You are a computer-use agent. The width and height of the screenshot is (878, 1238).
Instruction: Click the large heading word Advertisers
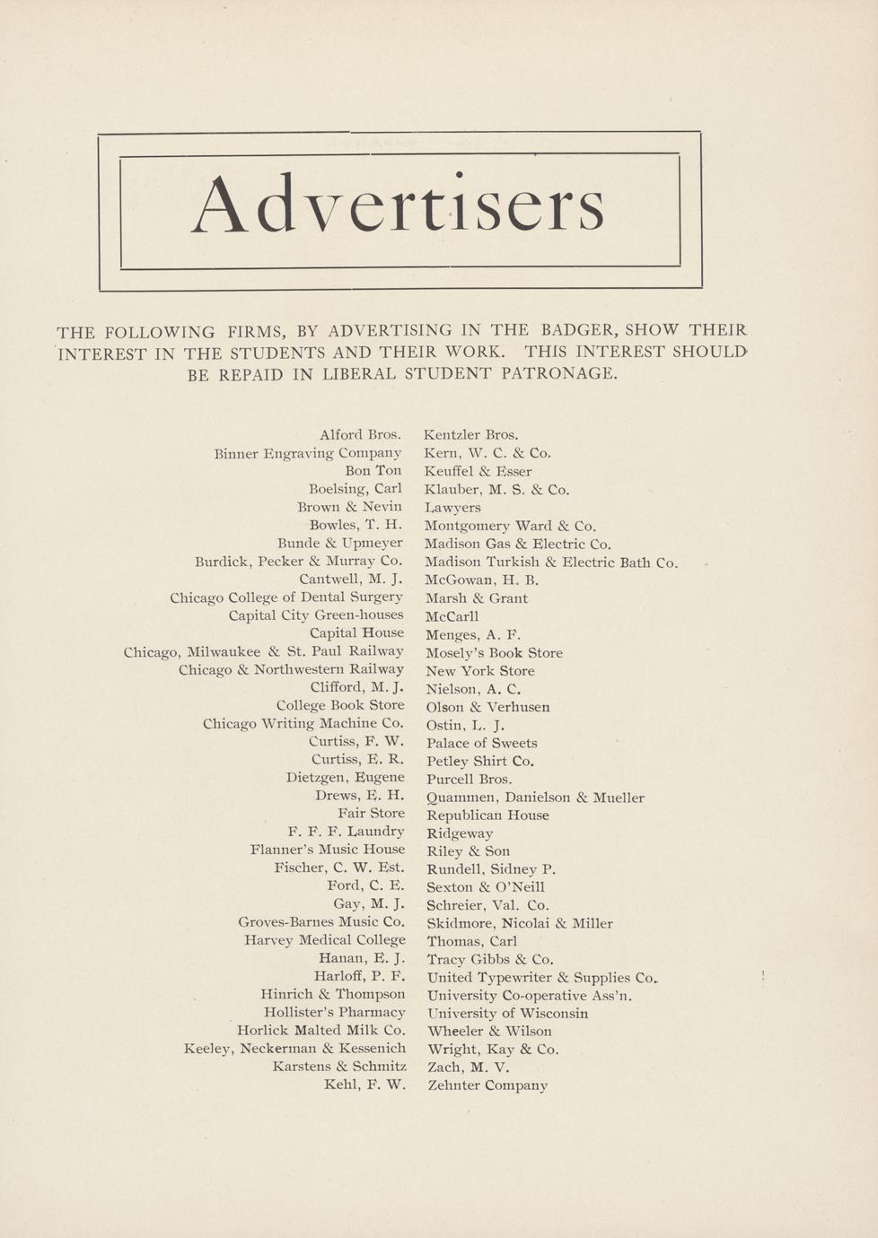398,205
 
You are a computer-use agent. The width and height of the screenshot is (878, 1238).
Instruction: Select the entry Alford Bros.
360,435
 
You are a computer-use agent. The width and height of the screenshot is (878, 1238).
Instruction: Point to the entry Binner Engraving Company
307,454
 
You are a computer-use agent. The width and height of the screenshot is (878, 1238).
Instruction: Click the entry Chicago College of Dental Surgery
286,597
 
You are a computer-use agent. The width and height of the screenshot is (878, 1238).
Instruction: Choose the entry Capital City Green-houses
316,615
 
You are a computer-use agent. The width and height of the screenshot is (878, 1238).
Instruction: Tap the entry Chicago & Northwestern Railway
291,669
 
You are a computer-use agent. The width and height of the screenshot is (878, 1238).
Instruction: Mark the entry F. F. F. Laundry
346,832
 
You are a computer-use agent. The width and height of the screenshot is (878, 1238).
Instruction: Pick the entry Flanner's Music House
328,850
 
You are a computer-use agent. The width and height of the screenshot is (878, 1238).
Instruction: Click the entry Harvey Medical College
324,940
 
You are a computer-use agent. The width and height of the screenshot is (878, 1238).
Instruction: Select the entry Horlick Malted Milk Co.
320,1030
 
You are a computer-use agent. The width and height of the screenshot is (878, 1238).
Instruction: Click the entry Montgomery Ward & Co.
510,526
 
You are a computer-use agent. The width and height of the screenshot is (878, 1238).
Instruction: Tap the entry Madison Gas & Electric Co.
518,544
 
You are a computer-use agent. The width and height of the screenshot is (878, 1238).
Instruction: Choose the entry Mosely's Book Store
494,653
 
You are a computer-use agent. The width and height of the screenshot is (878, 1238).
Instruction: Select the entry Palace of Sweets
481,743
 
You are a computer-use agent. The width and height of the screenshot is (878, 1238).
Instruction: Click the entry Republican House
487,815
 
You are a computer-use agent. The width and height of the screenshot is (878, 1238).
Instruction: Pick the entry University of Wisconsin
507,1014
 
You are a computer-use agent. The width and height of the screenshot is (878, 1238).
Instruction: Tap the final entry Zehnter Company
487,1085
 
